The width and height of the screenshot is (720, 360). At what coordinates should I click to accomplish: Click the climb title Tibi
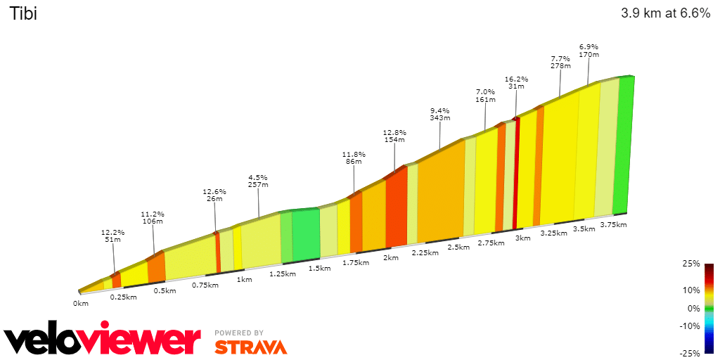[22, 13]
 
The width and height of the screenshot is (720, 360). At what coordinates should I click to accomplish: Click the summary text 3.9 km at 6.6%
[665, 13]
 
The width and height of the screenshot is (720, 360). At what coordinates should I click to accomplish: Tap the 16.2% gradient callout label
[516, 83]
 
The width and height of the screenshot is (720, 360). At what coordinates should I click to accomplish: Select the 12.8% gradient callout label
[394, 136]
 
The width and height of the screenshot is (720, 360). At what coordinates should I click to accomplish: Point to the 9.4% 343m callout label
[439, 114]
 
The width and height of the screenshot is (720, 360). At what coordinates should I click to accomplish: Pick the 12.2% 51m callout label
[112, 236]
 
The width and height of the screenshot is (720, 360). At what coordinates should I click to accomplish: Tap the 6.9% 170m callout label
[589, 50]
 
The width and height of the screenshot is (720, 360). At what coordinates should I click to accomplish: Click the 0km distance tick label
[81, 304]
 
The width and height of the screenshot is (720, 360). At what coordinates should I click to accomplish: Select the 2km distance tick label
[391, 258]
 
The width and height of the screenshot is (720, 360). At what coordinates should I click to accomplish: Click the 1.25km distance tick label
[282, 274]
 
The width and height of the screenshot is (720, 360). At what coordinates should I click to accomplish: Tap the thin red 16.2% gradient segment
[517, 172]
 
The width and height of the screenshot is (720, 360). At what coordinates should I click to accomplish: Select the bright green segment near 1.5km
[306, 233]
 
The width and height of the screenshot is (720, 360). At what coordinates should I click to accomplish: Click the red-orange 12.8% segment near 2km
[397, 207]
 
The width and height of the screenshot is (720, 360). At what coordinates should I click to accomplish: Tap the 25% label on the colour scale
[692, 264]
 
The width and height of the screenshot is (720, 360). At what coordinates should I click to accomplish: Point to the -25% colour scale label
[690, 353]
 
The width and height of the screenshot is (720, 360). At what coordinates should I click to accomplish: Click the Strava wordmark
[250, 347]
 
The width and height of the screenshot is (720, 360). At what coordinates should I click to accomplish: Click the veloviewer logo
[103, 340]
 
